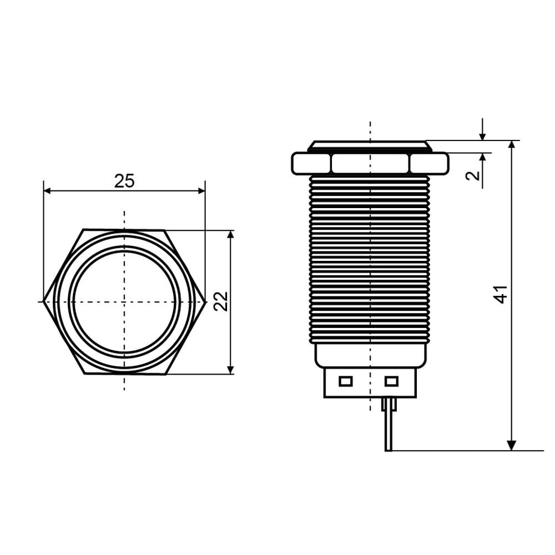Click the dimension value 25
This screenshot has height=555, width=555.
pos(124,181)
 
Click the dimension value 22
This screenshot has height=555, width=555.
pos(221,301)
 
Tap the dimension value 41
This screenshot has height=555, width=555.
pos(500,295)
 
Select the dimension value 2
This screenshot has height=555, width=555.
pos(473,175)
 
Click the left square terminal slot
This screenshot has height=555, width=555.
pos(345,381)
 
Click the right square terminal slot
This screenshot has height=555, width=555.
pos(391,381)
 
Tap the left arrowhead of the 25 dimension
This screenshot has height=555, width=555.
pos(47,191)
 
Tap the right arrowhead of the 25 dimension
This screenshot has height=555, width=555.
pos(201,191)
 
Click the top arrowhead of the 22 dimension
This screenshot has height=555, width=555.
pos(230,234)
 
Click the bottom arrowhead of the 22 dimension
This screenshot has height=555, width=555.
pos(230,370)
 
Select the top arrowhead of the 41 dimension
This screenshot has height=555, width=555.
pos(512,144)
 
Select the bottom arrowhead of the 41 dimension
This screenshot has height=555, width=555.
pos(512,446)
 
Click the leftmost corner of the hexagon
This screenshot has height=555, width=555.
pos(43,301)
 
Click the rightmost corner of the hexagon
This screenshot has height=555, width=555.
pos(206,301)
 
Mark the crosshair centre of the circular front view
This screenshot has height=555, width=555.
pos(124,301)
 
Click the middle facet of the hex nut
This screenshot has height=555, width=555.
pos(370,164)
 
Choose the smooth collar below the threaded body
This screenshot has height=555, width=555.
pos(371,355)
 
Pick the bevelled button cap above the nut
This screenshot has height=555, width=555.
pos(370,146)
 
